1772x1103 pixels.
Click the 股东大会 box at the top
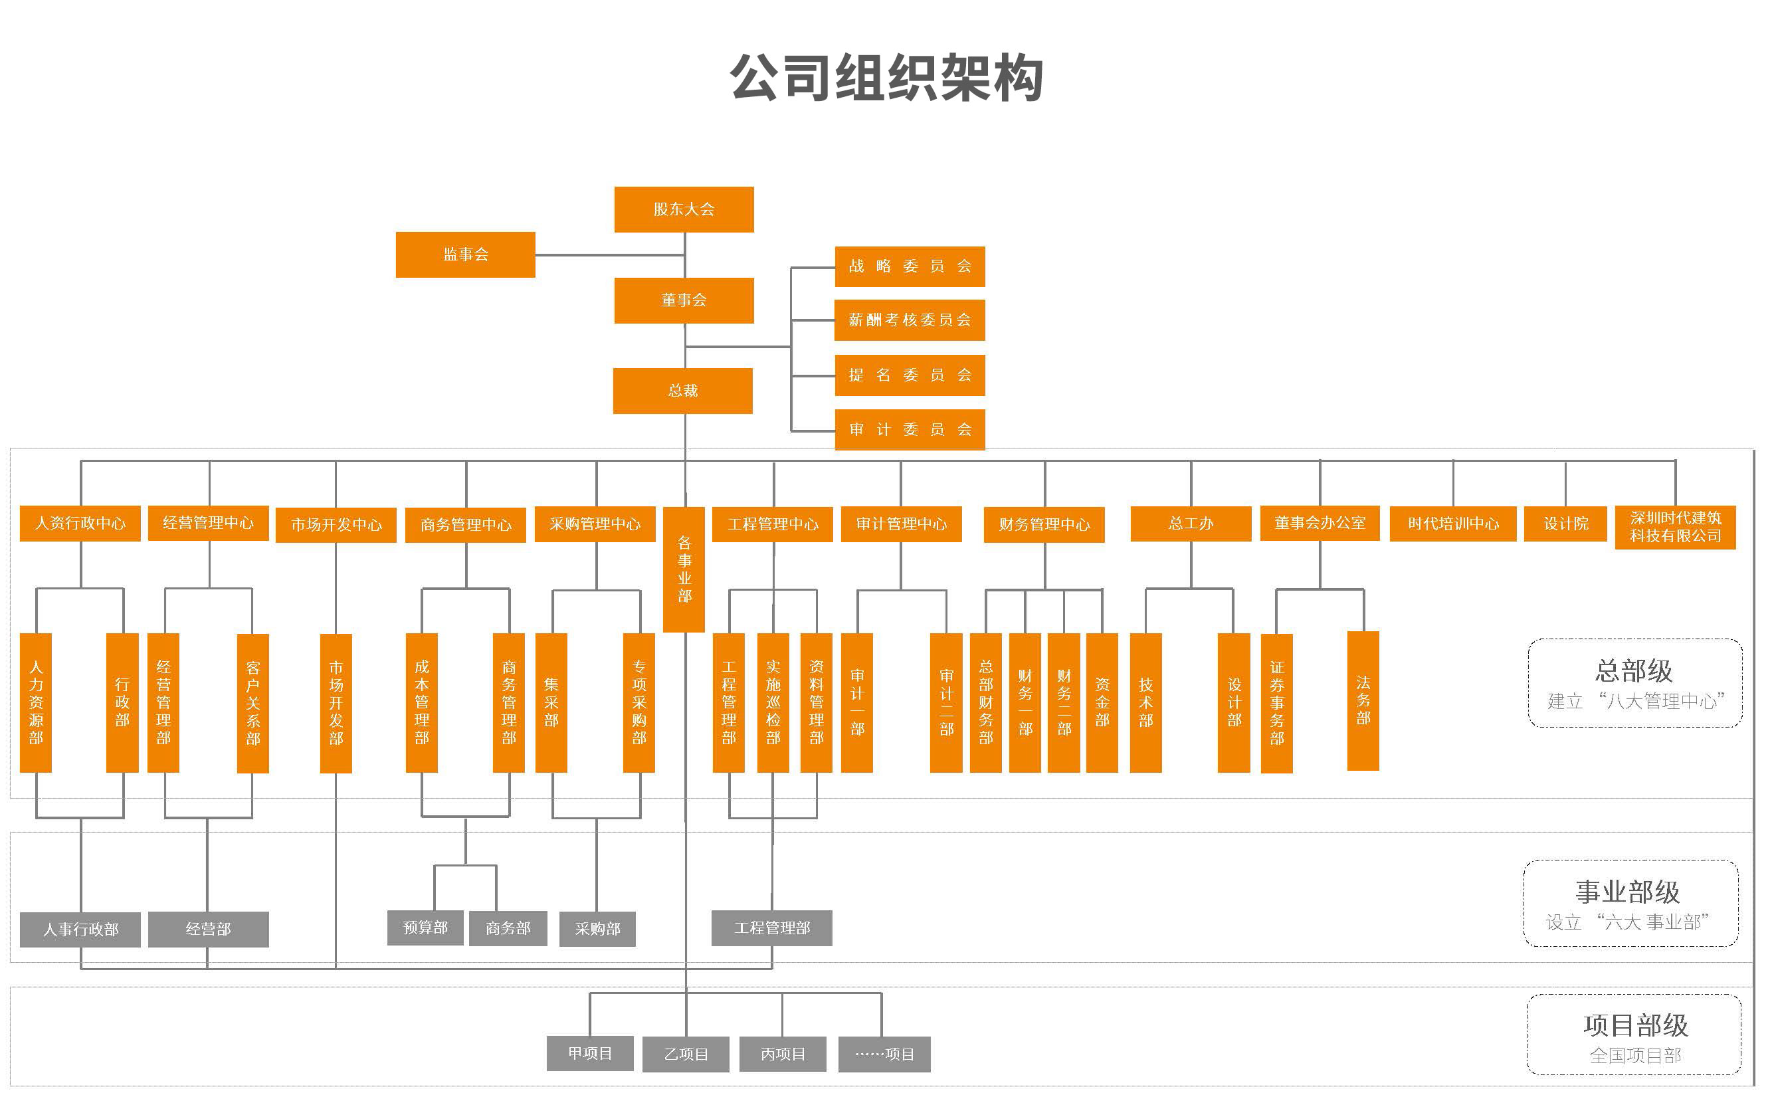pos(683,209)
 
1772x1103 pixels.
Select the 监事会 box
pos(465,254)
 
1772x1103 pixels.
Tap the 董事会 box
pos(683,300)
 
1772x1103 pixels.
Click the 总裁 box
pos(682,391)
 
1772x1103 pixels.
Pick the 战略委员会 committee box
pos(910,266)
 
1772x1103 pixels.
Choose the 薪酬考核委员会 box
pos(910,320)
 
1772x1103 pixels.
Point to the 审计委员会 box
pos(910,430)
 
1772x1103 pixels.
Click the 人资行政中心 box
pos(80,523)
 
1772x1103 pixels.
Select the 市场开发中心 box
pos(336,524)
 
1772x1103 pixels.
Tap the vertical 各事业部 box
pos(684,569)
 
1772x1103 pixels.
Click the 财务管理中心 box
pos(1044,524)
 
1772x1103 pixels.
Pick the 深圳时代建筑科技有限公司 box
pos(1675,527)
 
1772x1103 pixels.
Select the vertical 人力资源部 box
pos(36,702)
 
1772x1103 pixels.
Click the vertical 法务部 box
pos(1363,700)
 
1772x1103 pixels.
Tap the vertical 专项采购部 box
pos(639,702)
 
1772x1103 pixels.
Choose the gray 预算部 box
pos(425,928)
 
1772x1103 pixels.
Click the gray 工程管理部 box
pos(771,928)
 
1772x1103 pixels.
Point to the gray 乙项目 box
pos(686,1054)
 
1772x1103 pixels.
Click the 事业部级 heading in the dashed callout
pos(1627,892)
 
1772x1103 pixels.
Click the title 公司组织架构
pos(886,77)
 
